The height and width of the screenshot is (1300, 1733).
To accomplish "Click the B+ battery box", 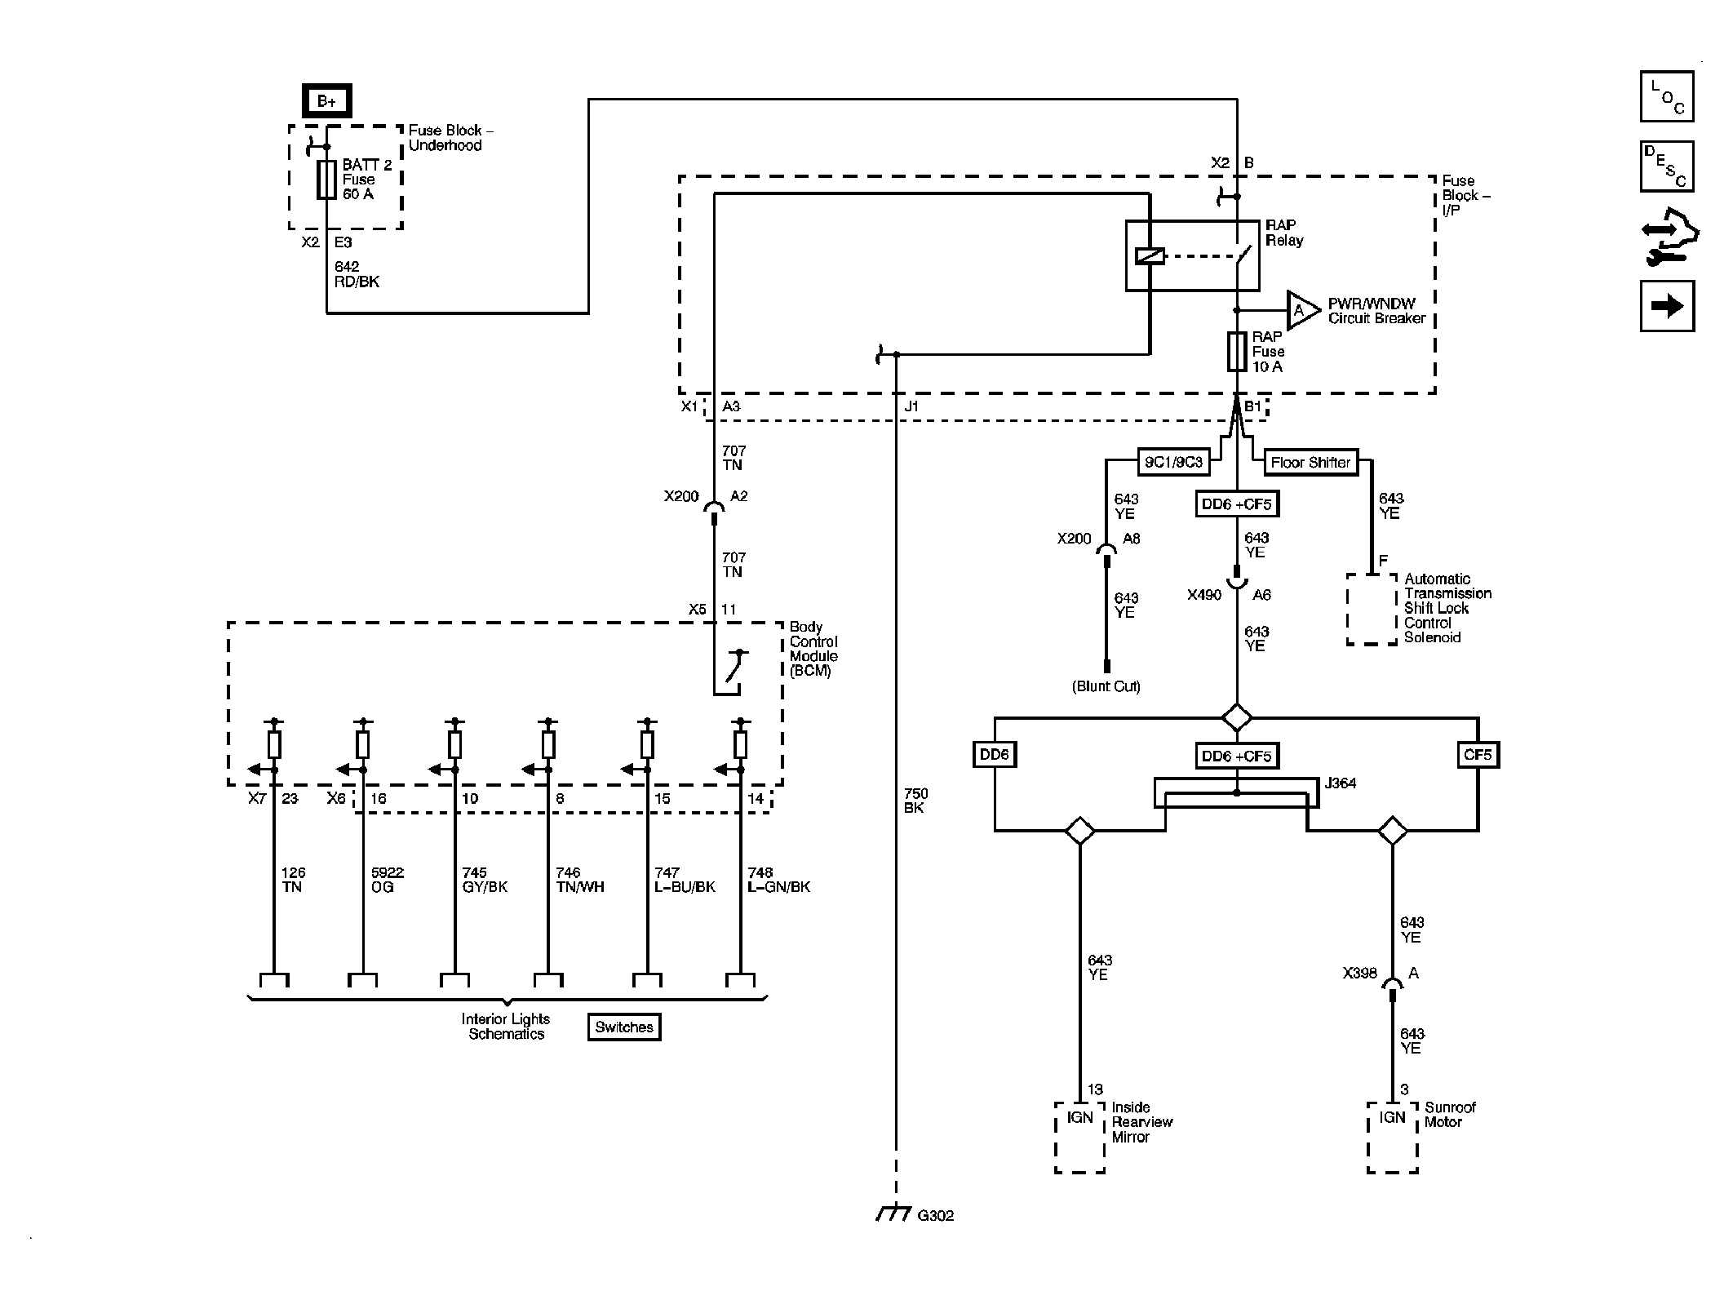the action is (x=326, y=101).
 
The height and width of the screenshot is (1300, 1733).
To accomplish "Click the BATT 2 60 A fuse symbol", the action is (x=326, y=180).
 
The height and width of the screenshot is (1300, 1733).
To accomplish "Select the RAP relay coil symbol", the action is (x=1149, y=255).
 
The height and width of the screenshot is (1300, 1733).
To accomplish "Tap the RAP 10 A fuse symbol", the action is (x=1237, y=352).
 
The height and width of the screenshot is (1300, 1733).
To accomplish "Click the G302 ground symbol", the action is (x=893, y=1214).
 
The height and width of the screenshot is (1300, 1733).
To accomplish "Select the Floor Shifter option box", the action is (x=1310, y=463).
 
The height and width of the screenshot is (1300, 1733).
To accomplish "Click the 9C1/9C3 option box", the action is (x=1173, y=463).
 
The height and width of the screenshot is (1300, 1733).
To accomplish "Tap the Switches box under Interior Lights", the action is (x=624, y=1027).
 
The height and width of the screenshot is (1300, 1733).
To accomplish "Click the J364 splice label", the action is (x=1340, y=783).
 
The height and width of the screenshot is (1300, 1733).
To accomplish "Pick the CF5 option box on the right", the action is (x=1478, y=755).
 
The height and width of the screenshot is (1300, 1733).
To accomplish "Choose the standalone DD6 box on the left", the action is (x=995, y=755).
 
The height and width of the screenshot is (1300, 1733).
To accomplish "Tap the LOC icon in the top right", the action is (x=1667, y=97).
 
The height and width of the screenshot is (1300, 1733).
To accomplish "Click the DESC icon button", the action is (x=1667, y=166).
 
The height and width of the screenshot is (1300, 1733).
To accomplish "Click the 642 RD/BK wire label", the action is (x=357, y=274).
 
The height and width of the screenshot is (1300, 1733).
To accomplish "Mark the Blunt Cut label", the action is (x=1106, y=686).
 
